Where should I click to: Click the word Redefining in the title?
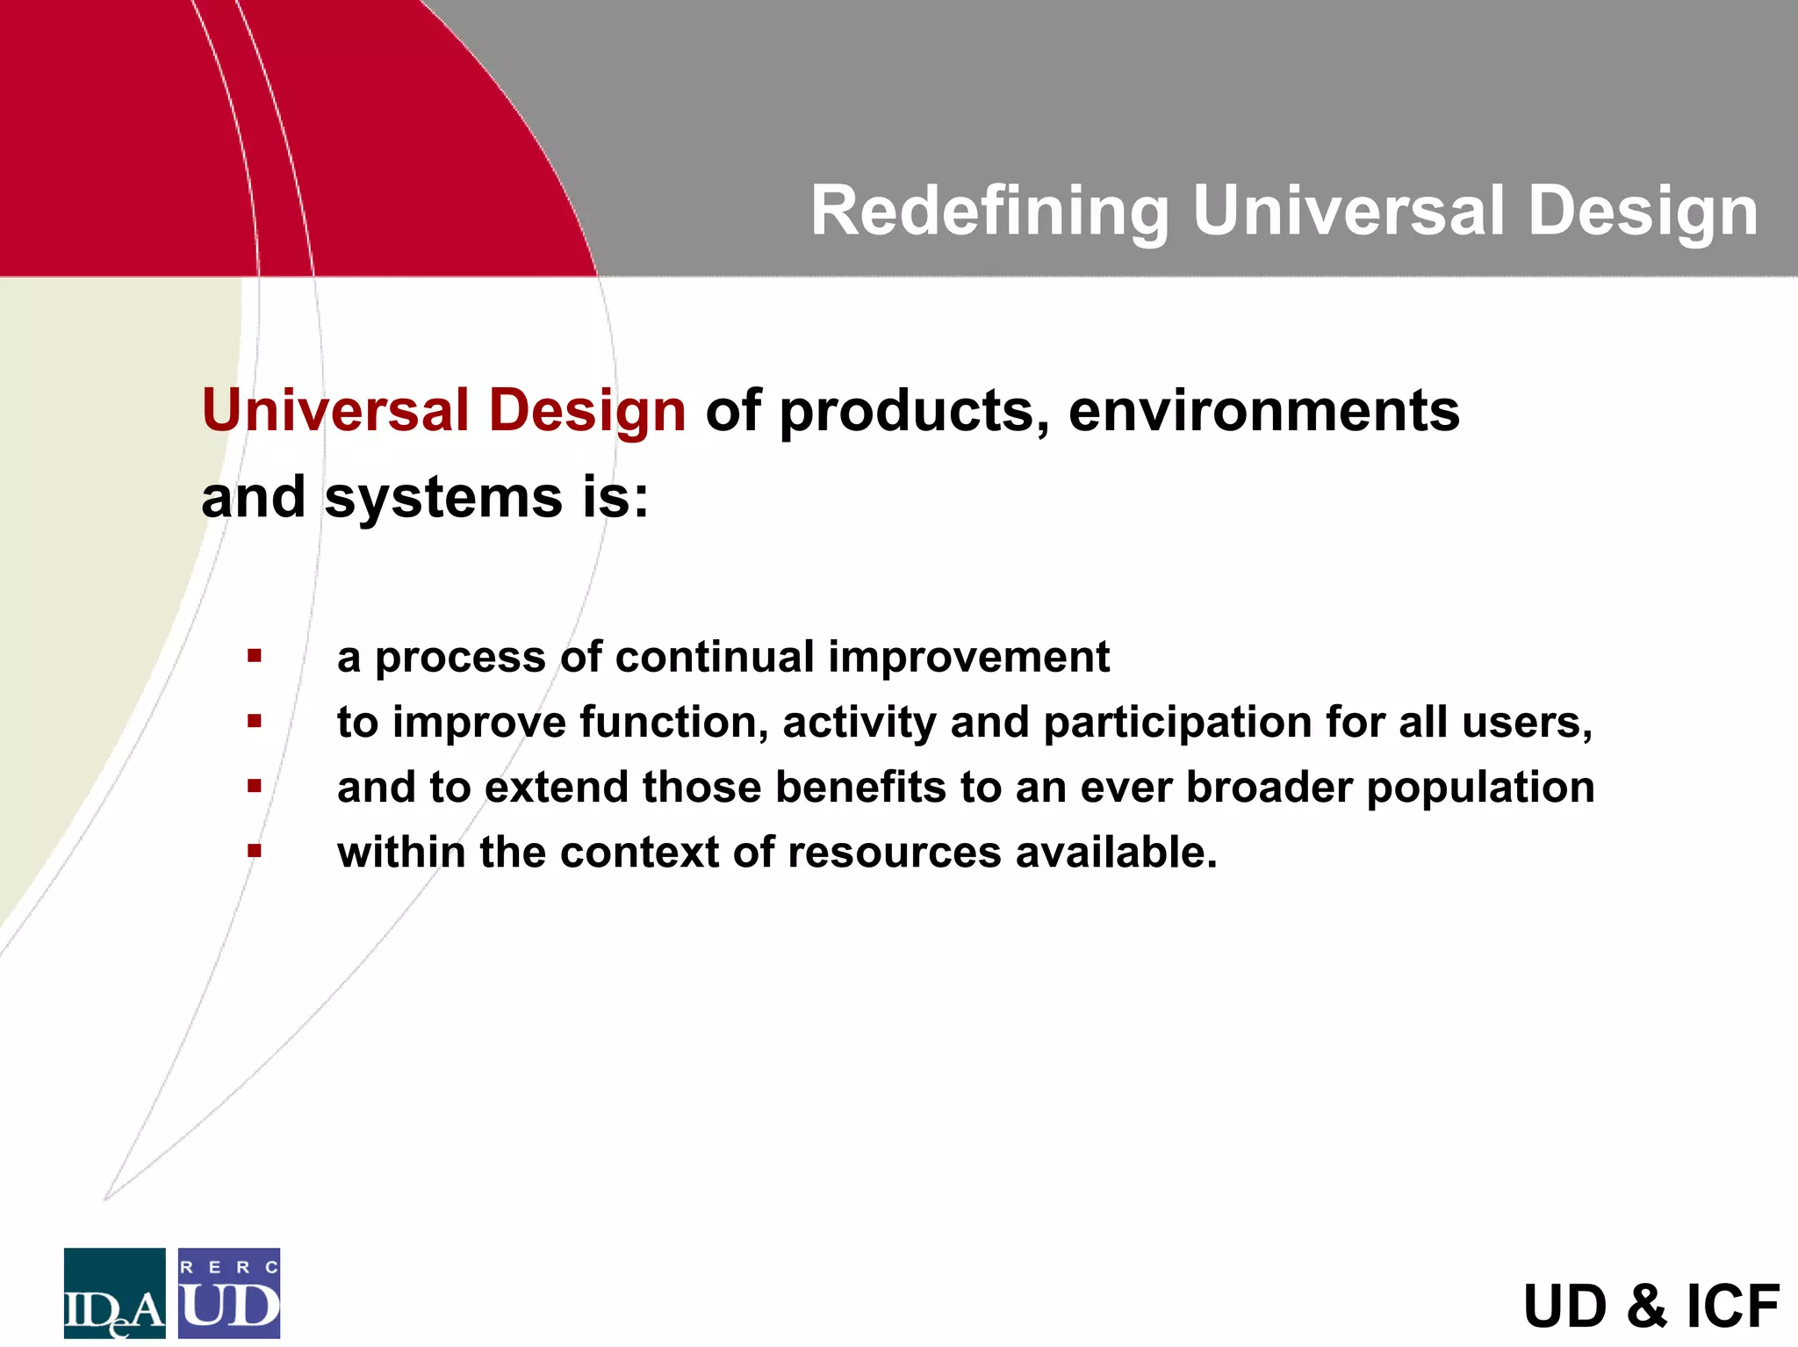pyautogui.click(x=989, y=212)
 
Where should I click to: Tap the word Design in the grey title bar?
pyautogui.click(x=1643, y=212)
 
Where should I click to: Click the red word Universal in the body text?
pyautogui.click(x=335, y=411)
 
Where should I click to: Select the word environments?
pyautogui.click(x=1263, y=411)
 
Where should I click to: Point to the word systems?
pyautogui.click(x=443, y=498)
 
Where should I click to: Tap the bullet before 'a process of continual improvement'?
pyautogui.click(x=255, y=656)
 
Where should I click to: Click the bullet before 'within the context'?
pyautogui.click(x=255, y=850)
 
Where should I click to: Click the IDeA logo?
pyautogui.click(x=114, y=1293)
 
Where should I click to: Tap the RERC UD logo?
pyautogui.click(x=229, y=1293)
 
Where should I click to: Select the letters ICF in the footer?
pyautogui.click(x=1733, y=1307)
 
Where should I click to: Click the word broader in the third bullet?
pyautogui.click(x=1269, y=787)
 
